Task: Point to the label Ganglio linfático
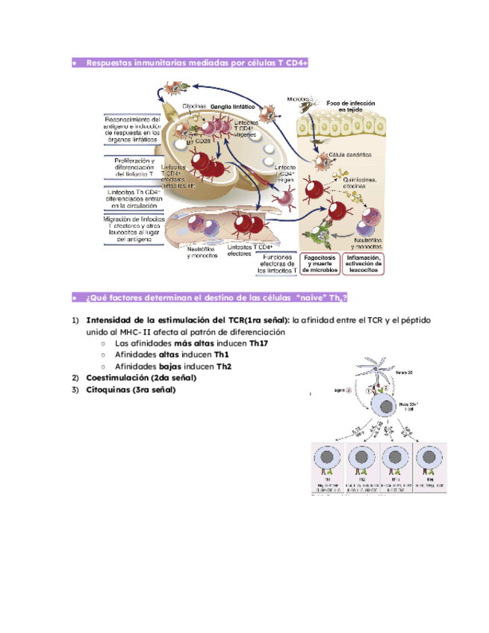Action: click(x=234, y=107)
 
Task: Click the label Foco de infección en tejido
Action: click(x=350, y=106)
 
